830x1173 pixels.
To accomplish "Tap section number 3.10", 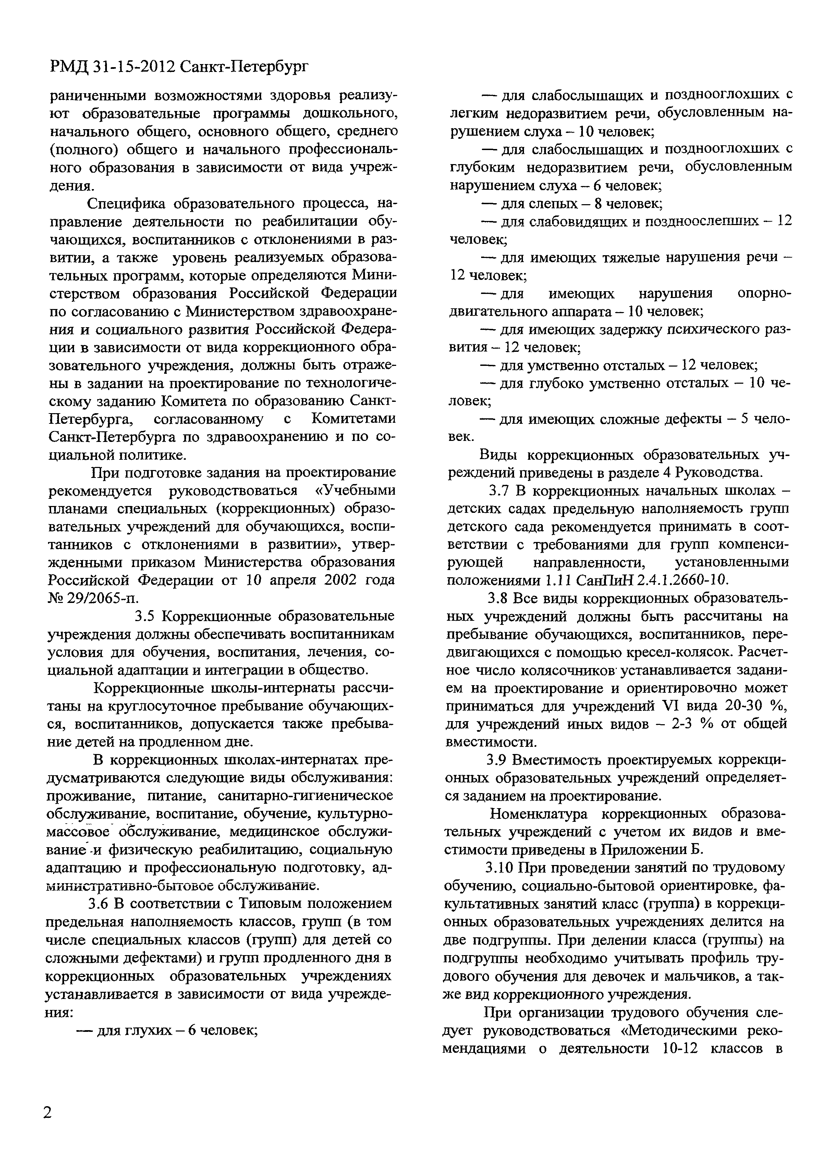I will (500, 867).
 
